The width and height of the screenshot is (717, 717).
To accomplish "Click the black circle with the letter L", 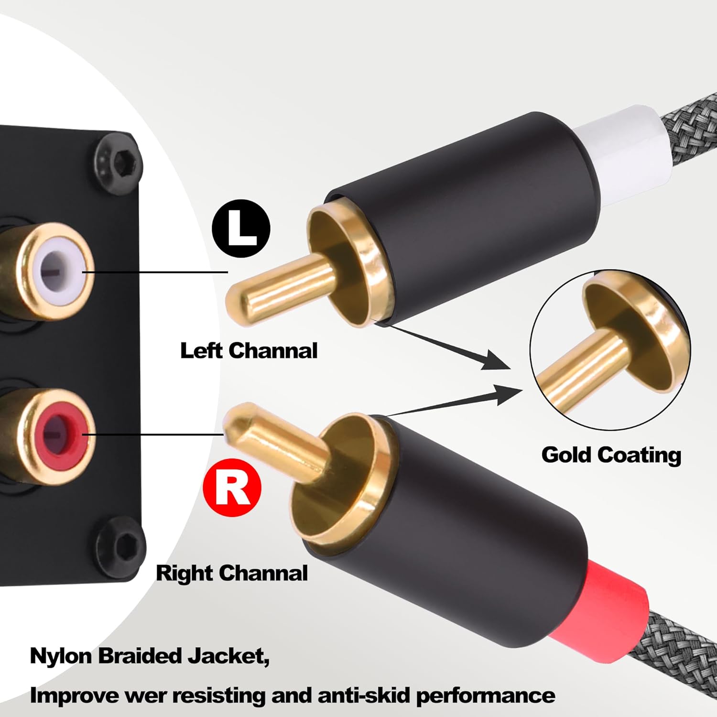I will [x=241, y=228].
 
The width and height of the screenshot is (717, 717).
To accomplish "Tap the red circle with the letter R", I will [x=232, y=487].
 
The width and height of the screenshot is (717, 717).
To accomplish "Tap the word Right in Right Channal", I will [x=184, y=573].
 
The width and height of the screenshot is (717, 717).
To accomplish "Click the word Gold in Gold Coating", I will [x=567, y=455].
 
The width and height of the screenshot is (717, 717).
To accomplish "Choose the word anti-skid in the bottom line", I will [x=364, y=695].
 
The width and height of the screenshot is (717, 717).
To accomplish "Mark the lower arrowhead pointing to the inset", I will [x=509, y=395].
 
